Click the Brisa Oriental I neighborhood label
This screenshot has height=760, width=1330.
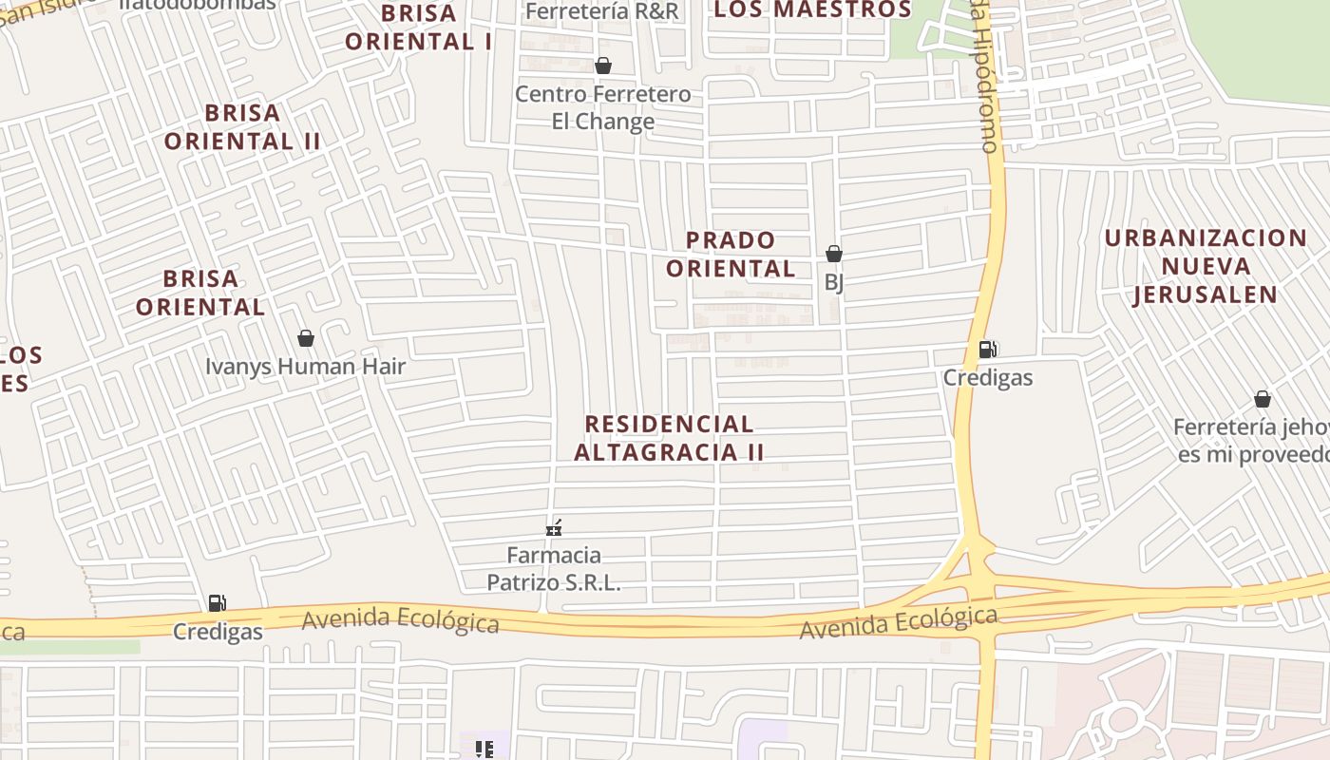pos(418,28)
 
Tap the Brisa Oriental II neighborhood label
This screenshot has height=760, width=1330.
pos(242,127)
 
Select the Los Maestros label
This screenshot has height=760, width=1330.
pos(812,9)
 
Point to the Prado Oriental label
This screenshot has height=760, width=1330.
pos(731,255)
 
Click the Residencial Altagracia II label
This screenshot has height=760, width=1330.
pos(669,438)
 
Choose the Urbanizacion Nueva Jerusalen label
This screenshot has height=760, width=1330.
pos(1206,266)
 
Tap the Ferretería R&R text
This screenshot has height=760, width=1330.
pos(602,11)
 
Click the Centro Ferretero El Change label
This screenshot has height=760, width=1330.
pos(602,107)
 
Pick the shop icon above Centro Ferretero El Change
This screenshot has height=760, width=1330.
pos(602,66)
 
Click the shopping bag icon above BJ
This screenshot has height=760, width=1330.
pos(833,254)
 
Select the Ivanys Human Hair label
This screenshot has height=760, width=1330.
pos(305,366)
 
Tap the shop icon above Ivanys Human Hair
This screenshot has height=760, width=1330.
pos(306,338)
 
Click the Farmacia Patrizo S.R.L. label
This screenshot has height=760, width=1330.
pos(554,568)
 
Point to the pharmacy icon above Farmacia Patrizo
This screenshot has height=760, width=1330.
pos(554,528)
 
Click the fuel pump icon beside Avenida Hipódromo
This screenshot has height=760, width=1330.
pos(987,350)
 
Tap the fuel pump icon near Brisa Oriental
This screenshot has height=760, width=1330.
pos(217,603)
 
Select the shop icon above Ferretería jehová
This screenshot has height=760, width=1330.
pos(1262,399)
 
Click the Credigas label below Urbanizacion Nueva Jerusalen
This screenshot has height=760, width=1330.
pos(987,377)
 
